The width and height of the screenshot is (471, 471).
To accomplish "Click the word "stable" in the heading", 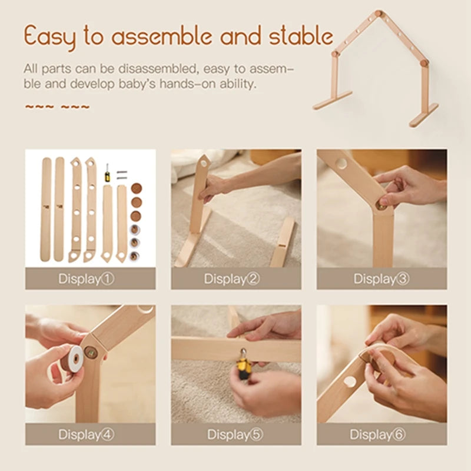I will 301,37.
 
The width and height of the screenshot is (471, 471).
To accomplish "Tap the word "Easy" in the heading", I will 51,37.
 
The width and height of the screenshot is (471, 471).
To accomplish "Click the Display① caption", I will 90,278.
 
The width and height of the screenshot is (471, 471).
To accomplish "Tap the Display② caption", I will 236,278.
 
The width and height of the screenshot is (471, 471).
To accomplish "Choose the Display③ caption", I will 382,278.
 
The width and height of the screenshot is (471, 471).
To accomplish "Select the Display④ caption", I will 90,434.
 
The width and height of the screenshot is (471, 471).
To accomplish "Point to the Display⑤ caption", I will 236,434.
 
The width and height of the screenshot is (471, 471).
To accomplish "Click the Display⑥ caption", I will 382,434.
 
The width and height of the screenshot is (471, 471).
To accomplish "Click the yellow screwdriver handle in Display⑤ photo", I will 244,367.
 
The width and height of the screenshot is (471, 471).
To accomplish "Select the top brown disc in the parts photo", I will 136,189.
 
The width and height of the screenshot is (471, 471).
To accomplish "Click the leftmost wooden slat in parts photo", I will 46,209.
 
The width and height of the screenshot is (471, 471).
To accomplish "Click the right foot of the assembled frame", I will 424,115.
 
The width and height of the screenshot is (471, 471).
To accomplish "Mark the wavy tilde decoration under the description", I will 57,107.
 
